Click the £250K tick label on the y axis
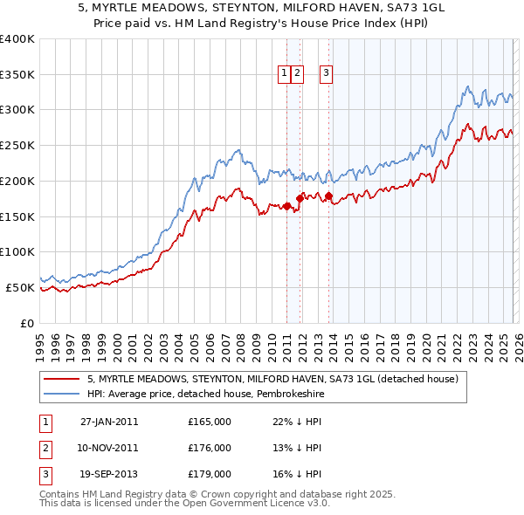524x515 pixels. click(17, 145)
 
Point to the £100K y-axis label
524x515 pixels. click(17, 251)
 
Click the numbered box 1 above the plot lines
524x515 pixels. click(285, 74)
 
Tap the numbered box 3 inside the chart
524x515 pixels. click(326, 74)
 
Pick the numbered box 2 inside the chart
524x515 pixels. click(298, 74)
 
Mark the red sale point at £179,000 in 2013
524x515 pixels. click(328, 196)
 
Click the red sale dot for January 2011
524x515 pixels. click(286, 206)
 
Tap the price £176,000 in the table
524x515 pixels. click(210, 448)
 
